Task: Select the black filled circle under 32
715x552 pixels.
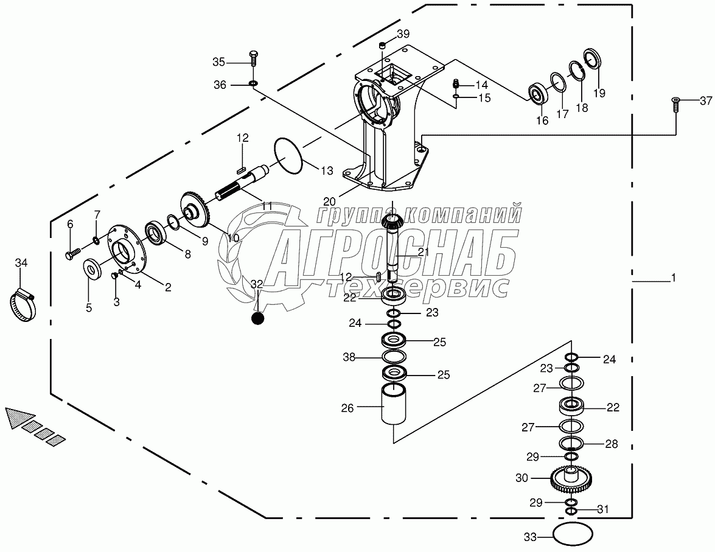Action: (258, 318)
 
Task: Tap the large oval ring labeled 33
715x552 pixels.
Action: (573, 536)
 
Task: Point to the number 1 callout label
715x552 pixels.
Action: (673, 278)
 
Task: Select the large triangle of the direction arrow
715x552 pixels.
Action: (18, 419)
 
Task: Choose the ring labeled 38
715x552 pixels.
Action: (394, 357)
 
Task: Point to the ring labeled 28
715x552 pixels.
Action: (571, 443)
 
